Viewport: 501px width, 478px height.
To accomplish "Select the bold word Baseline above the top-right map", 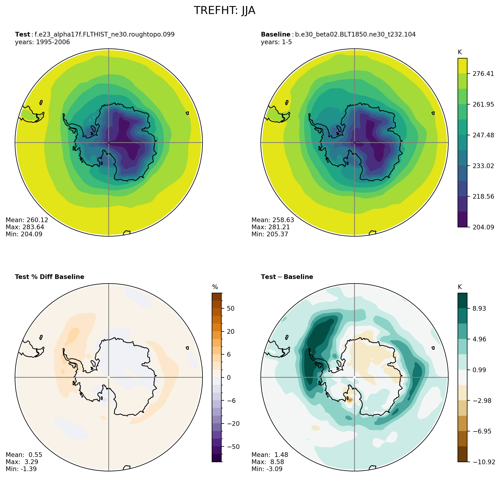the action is point(275,34).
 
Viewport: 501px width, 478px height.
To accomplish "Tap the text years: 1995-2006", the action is point(42,42).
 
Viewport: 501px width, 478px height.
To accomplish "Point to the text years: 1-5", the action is point(276,42).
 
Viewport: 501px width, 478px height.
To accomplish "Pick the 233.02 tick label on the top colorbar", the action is point(483,166).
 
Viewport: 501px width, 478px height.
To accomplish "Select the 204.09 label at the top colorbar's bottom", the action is point(483,227).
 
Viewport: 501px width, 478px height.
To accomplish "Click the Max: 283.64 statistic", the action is point(25,227).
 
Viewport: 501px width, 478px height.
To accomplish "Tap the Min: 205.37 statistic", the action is point(270,234).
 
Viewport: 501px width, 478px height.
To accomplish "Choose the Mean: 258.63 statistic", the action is point(273,220).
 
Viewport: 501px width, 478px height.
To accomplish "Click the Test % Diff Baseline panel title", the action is point(49,277).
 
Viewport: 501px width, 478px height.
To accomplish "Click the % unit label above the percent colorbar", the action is point(215,287).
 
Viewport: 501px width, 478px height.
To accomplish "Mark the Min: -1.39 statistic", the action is point(21,469).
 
